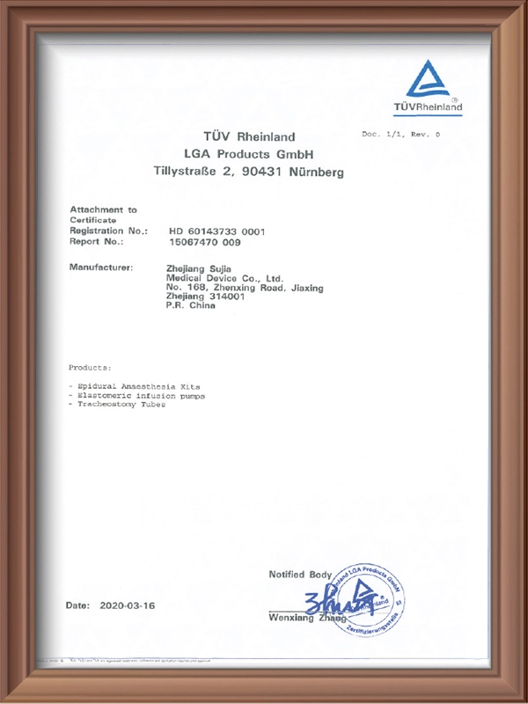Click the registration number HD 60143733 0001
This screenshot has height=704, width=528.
[x=216, y=231]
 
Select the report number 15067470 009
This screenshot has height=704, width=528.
[x=203, y=240]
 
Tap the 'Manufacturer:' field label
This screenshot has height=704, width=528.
[x=100, y=267]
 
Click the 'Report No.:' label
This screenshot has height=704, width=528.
[x=96, y=240]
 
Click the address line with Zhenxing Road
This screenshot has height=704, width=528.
[x=245, y=288]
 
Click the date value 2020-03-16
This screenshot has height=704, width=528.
[x=127, y=606]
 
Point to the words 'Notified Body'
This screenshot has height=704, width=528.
[x=300, y=575]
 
